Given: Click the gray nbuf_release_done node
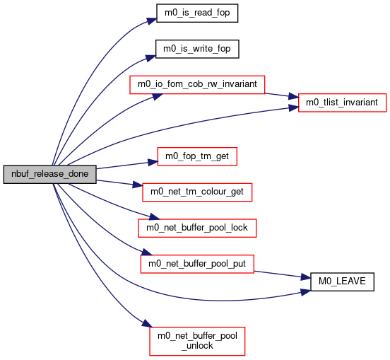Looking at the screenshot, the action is [x=49, y=174].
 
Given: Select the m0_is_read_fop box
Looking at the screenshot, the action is [x=197, y=13].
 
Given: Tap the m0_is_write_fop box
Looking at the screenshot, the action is [x=197, y=49].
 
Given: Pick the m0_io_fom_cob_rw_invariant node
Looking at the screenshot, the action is [x=197, y=85].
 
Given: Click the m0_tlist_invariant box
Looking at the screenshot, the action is [x=342, y=103].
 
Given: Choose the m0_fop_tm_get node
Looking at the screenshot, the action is [x=197, y=156].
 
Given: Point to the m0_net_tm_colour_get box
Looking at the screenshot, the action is [x=197, y=192].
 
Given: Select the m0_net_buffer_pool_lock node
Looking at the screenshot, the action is [x=197, y=228].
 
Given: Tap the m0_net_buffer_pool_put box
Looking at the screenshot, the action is [x=197, y=264].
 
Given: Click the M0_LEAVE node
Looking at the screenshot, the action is [x=342, y=281].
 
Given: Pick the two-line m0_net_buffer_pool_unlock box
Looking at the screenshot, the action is [x=197, y=341].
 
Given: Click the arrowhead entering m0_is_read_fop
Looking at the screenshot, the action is [x=152, y=21].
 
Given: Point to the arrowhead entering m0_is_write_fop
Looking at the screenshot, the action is [x=150, y=58].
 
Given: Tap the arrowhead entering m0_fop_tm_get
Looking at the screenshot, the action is [x=153, y=163].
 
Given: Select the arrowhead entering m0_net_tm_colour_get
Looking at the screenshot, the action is [x=138, y=185].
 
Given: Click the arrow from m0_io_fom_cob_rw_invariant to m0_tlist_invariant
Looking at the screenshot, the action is [x=282, y=95].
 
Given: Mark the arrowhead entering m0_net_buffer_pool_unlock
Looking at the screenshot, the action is [x=147, y=324].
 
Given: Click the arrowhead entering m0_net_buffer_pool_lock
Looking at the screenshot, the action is [x=154, y=217].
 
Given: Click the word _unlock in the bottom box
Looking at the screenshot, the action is [x=197, y=346].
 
